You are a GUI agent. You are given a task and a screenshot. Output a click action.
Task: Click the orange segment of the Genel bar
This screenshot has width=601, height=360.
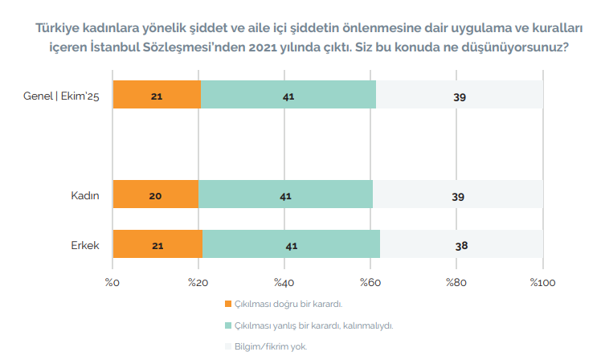click(157, 96)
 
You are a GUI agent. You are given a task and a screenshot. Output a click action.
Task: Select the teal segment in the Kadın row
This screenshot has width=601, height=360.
click(285, 195)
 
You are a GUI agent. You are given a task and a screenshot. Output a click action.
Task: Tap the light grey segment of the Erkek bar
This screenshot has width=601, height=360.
click(461, 245)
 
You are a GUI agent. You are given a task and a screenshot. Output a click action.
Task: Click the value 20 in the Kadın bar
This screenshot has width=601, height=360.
click(157, 196)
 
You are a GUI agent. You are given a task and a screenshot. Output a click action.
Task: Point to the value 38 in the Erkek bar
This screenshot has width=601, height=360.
click(461, 246)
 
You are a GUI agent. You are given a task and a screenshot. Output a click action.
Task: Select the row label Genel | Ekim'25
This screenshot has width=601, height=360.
click(61, 96)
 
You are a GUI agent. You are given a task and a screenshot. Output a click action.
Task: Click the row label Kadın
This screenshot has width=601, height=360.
click(85, 196)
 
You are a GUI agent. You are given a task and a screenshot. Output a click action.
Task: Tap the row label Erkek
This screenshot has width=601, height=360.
click(85, 245)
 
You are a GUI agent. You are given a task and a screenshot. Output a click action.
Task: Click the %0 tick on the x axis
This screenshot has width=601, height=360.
click(112, 282)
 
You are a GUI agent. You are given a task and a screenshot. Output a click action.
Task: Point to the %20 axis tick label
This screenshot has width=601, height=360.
click(198, 282)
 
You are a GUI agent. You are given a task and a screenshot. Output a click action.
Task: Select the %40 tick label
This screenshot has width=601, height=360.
click(284, 282)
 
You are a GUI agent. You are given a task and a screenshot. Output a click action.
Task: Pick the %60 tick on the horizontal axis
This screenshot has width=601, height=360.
click(370, 282)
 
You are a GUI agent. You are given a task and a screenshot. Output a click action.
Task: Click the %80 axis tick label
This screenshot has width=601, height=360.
click(456, 282)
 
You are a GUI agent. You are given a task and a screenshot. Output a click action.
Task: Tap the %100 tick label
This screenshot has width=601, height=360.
click(542, 282)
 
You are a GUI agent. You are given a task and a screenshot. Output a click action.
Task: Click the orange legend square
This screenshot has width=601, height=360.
click(228, 305)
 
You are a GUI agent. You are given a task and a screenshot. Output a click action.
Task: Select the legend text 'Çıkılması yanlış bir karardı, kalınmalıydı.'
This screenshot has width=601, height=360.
click(313, 325)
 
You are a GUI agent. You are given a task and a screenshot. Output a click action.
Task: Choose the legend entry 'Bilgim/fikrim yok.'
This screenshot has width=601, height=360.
click(271, 346)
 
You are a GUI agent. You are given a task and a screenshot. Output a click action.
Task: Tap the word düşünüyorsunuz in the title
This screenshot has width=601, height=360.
click(515, 47)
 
